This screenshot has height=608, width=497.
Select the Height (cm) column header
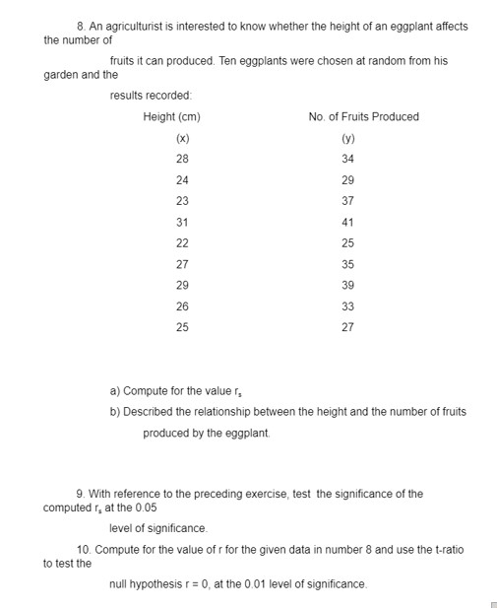171,116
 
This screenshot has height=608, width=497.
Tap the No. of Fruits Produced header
363,116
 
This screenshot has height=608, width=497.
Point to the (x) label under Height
182,138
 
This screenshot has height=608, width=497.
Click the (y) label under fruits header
347,138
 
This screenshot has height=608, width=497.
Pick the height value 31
182,222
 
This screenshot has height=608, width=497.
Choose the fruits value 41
347,222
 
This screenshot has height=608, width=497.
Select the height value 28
182,159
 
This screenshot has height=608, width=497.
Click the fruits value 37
347,201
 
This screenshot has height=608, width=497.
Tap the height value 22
182,242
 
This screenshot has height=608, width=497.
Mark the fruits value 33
347,305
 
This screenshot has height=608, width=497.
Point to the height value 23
182,201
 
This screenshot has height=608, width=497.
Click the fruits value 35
347,264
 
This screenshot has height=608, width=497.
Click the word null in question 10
118,584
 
